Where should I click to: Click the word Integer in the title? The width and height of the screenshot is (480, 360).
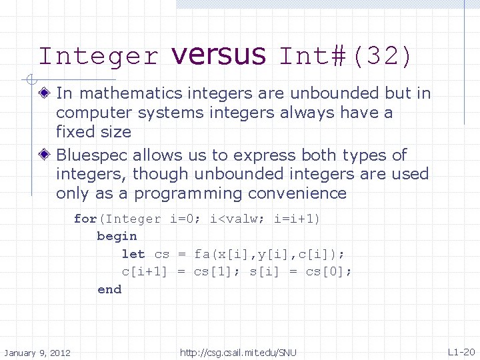point(99,56)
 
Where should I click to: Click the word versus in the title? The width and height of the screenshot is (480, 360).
point(218,55)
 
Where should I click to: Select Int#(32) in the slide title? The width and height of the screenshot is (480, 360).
point(346,56)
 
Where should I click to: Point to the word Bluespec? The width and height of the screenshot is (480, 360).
point(92,155)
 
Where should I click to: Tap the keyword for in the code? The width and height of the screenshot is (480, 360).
point(85,219)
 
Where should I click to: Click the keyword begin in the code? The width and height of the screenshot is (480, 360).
point(117,236)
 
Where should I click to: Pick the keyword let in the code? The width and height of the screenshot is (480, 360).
point(133,254)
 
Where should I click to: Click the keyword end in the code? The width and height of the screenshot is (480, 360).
point(109,289)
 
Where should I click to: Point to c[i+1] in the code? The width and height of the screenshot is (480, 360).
point(144,271)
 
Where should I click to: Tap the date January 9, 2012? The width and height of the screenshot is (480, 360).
point(37,352)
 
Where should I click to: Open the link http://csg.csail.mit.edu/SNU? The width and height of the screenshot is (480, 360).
point(238,352)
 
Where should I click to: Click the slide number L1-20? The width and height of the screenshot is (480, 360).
point(461,352)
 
